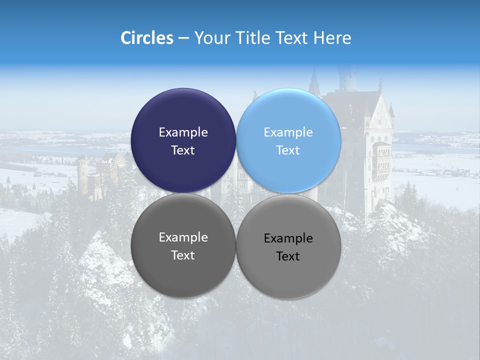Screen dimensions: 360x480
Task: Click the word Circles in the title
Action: pyautogui.click(x=146, y=38)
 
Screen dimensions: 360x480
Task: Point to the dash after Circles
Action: pyautogui.click(x=183, y=38)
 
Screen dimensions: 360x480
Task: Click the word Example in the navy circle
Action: pyautogui.click(x=183, y=132)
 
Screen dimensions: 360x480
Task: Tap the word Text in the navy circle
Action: pyautogui.click(x=183, y=150)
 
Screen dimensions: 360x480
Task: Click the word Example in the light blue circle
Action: pyautogui.click(x=288, y=132)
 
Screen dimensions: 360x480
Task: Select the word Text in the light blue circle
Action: pyautogui.click(x=288, y=150)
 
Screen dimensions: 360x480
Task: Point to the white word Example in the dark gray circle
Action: pyautogui.click(x=183, y=237)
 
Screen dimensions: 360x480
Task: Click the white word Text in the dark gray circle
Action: pyautogui.click(x=183, y=255)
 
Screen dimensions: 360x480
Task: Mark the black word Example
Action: pyautogui.click(x=288, y=238)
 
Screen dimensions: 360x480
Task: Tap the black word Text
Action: pyautogui.click(x=288, y=256)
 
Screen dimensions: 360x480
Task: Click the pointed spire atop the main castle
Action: pyautogui.click(x=314, y=80)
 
